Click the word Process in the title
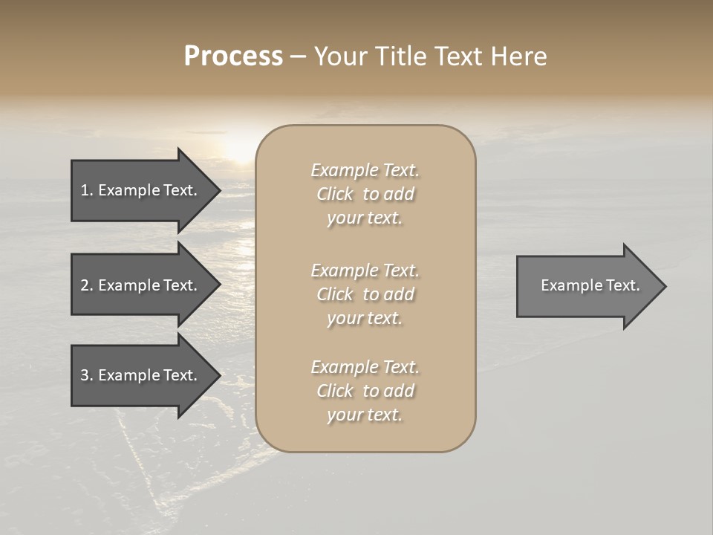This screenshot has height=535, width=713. pyautogui.click(x=233, y=56)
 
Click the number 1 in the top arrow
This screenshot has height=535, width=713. pyautogui.click(x=85, y=190)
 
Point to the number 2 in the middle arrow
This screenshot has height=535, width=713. pyautogui.click(x=85, y=285)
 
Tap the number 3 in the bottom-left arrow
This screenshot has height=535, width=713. pyautogui.click(x=85, y=375)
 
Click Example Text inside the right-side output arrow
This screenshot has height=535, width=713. pyautogui.click(x=590, y=285)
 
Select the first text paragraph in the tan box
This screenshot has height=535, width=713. pyautogui.click(x=365, y=194)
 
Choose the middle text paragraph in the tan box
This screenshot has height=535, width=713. pyautogui.click(x=365, y=294)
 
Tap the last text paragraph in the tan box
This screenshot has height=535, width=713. pyautogui.click(x=365, y=391)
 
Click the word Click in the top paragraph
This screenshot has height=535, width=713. pyautogui.click(x=335, y=194)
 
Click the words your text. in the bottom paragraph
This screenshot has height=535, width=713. pyautogui.click(x=365, y=415)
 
